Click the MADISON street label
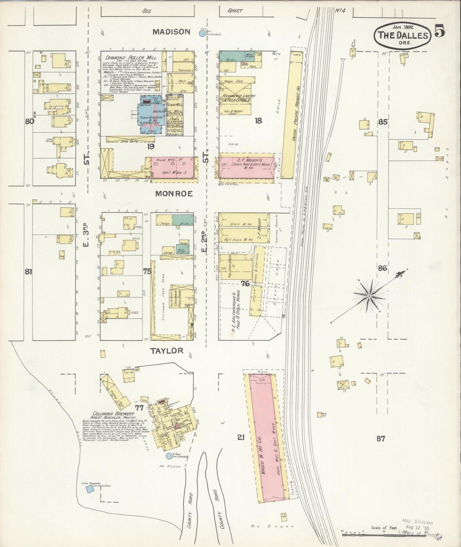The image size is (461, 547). [x=171, y=32]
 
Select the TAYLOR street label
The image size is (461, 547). [x=167, y=350]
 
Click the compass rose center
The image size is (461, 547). [x=369, y=296]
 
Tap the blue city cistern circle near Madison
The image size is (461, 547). [x=202, y=33]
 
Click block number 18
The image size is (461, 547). [x=258, y=120]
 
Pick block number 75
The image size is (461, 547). [x=147, y=272]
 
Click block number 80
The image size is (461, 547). [x=29, y=121]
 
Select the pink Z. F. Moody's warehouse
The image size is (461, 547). [x=246, y=167]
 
